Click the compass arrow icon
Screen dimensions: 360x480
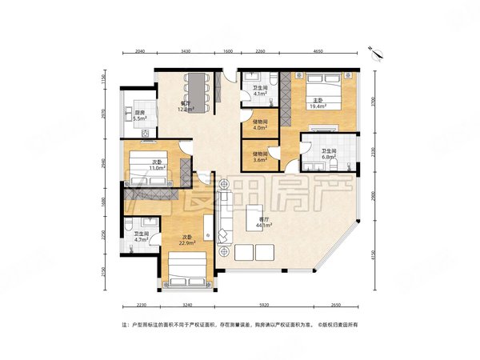click(x=375, y=53)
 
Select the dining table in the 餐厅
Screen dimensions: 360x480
click(x=198, y=87)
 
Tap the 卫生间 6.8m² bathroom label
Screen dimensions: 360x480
click(x=329, y=154)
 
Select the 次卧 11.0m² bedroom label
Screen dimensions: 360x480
click(x=159, y=166)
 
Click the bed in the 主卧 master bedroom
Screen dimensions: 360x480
click(x=323, y=88)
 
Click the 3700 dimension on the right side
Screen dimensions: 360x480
click(x=371, y=102)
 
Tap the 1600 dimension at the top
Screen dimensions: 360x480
click(x=227, y=51)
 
